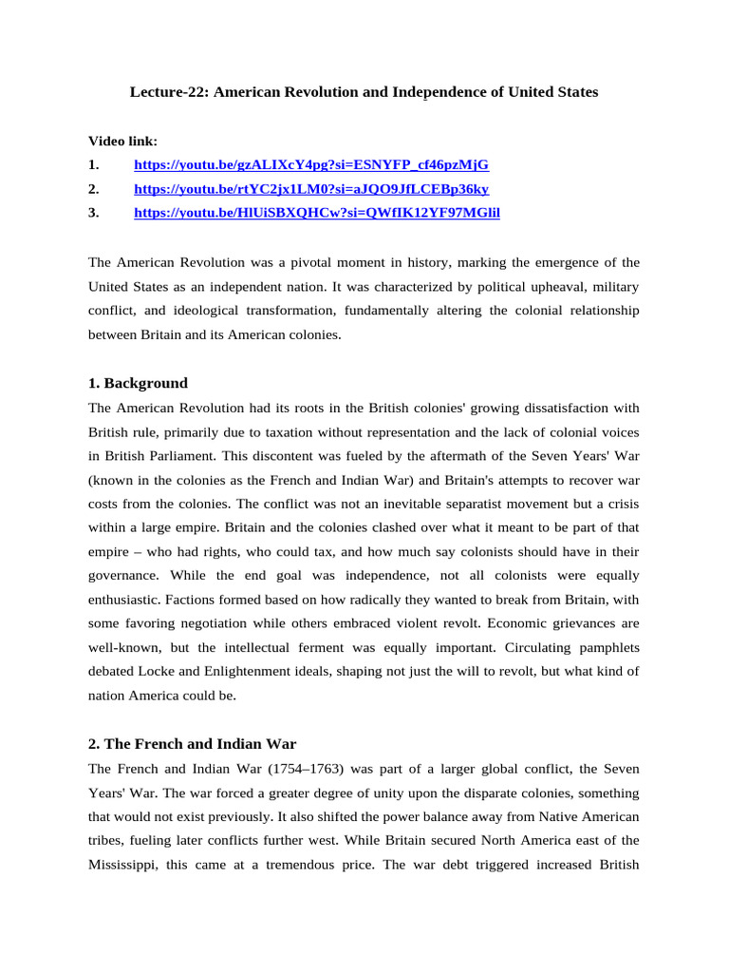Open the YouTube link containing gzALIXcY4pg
311,164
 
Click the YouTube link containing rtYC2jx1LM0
311,189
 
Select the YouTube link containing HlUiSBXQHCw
317,213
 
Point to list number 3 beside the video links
93,213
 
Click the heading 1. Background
138,383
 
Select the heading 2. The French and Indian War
193,743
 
